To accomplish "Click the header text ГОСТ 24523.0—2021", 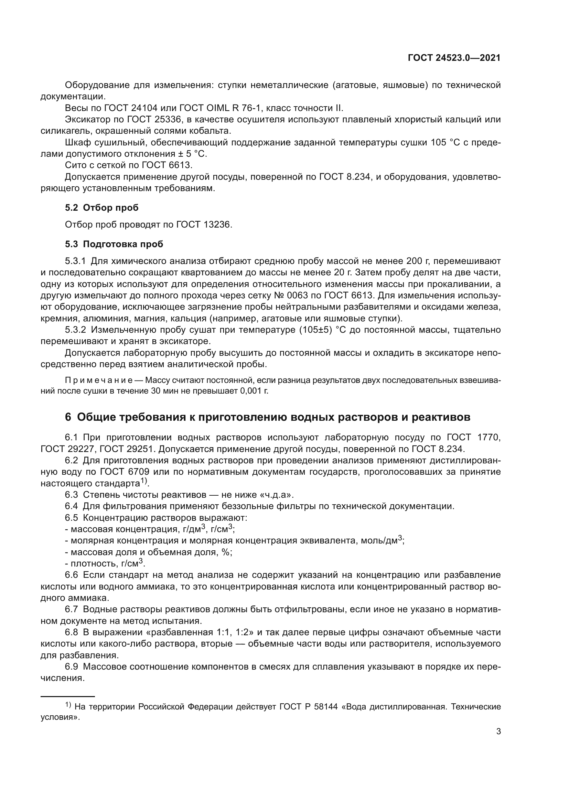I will click(454, 58).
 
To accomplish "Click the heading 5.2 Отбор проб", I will click(101, 208).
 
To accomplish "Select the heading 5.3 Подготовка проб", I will click(114, 244).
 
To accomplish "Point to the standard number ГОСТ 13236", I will click(204, 224).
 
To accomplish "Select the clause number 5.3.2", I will click(75, 330).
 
